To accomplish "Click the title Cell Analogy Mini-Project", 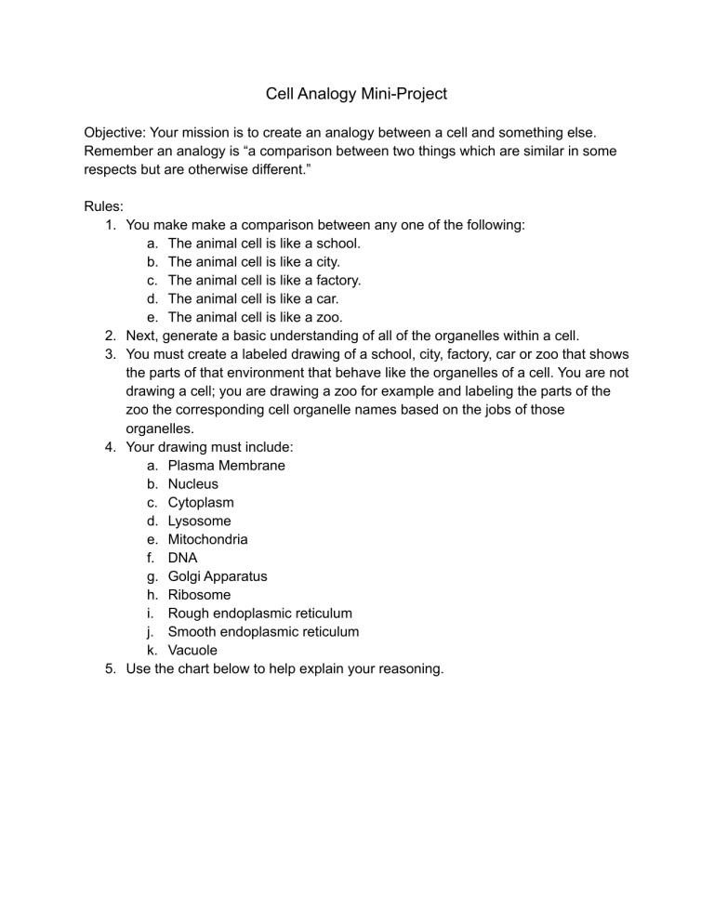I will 356,94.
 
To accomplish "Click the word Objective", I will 116,132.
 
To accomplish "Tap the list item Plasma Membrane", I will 226,465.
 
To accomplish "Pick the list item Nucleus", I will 193,483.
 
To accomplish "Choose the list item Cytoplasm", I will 201,502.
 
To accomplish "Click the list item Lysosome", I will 199,521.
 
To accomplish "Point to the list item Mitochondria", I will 207,539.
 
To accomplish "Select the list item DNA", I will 182,558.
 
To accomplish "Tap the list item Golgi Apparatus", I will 217,576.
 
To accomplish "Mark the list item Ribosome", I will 199,595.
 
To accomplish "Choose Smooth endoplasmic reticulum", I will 263,632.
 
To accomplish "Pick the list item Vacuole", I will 193,651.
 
